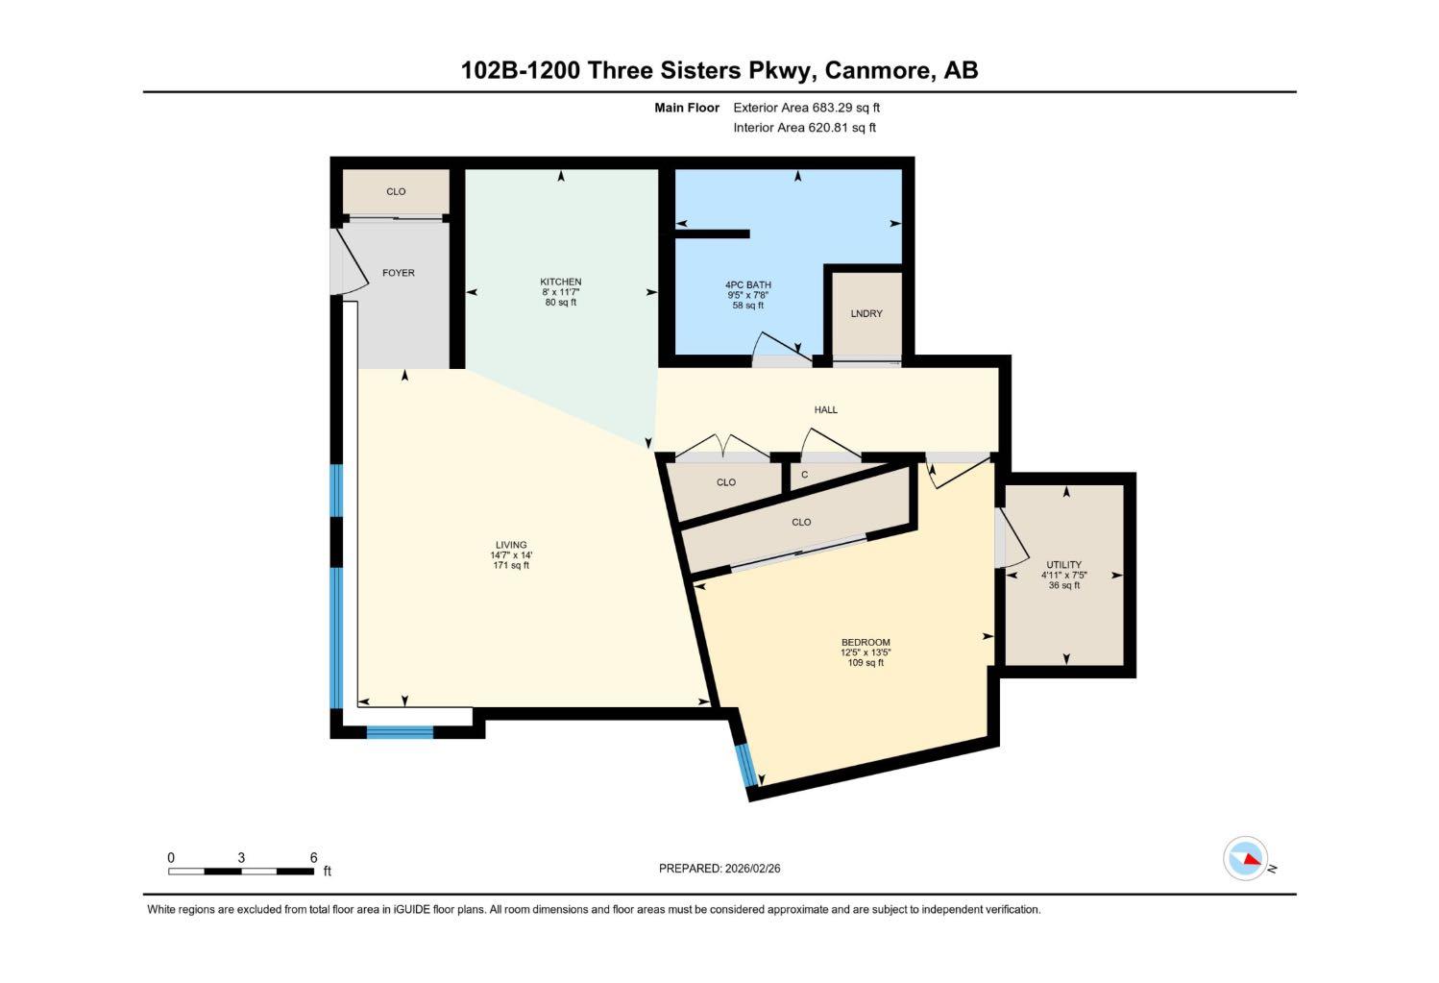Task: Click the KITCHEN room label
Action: click(560, 282)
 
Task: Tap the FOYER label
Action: click(399, 273)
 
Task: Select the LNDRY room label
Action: click(866, 314)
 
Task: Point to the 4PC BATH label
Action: click(747, 285)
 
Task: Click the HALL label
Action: click(825, 410)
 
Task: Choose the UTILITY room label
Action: click(1063, 565)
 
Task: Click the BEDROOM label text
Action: click(866, 643)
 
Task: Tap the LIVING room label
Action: click(511, 545)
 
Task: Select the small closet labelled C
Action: click(805, 475)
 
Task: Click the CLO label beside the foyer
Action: click(396, 192)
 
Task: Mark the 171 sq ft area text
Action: click(511, 566)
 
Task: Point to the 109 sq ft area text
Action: click(866, 663)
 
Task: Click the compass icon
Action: click(1246, 858)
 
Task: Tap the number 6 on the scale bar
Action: click(313, 858)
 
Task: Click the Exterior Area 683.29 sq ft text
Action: click(806, 109)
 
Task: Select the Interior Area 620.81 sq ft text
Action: click(804, 128)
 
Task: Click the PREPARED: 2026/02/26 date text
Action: click(719, 869)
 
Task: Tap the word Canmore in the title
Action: click(880, 70)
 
